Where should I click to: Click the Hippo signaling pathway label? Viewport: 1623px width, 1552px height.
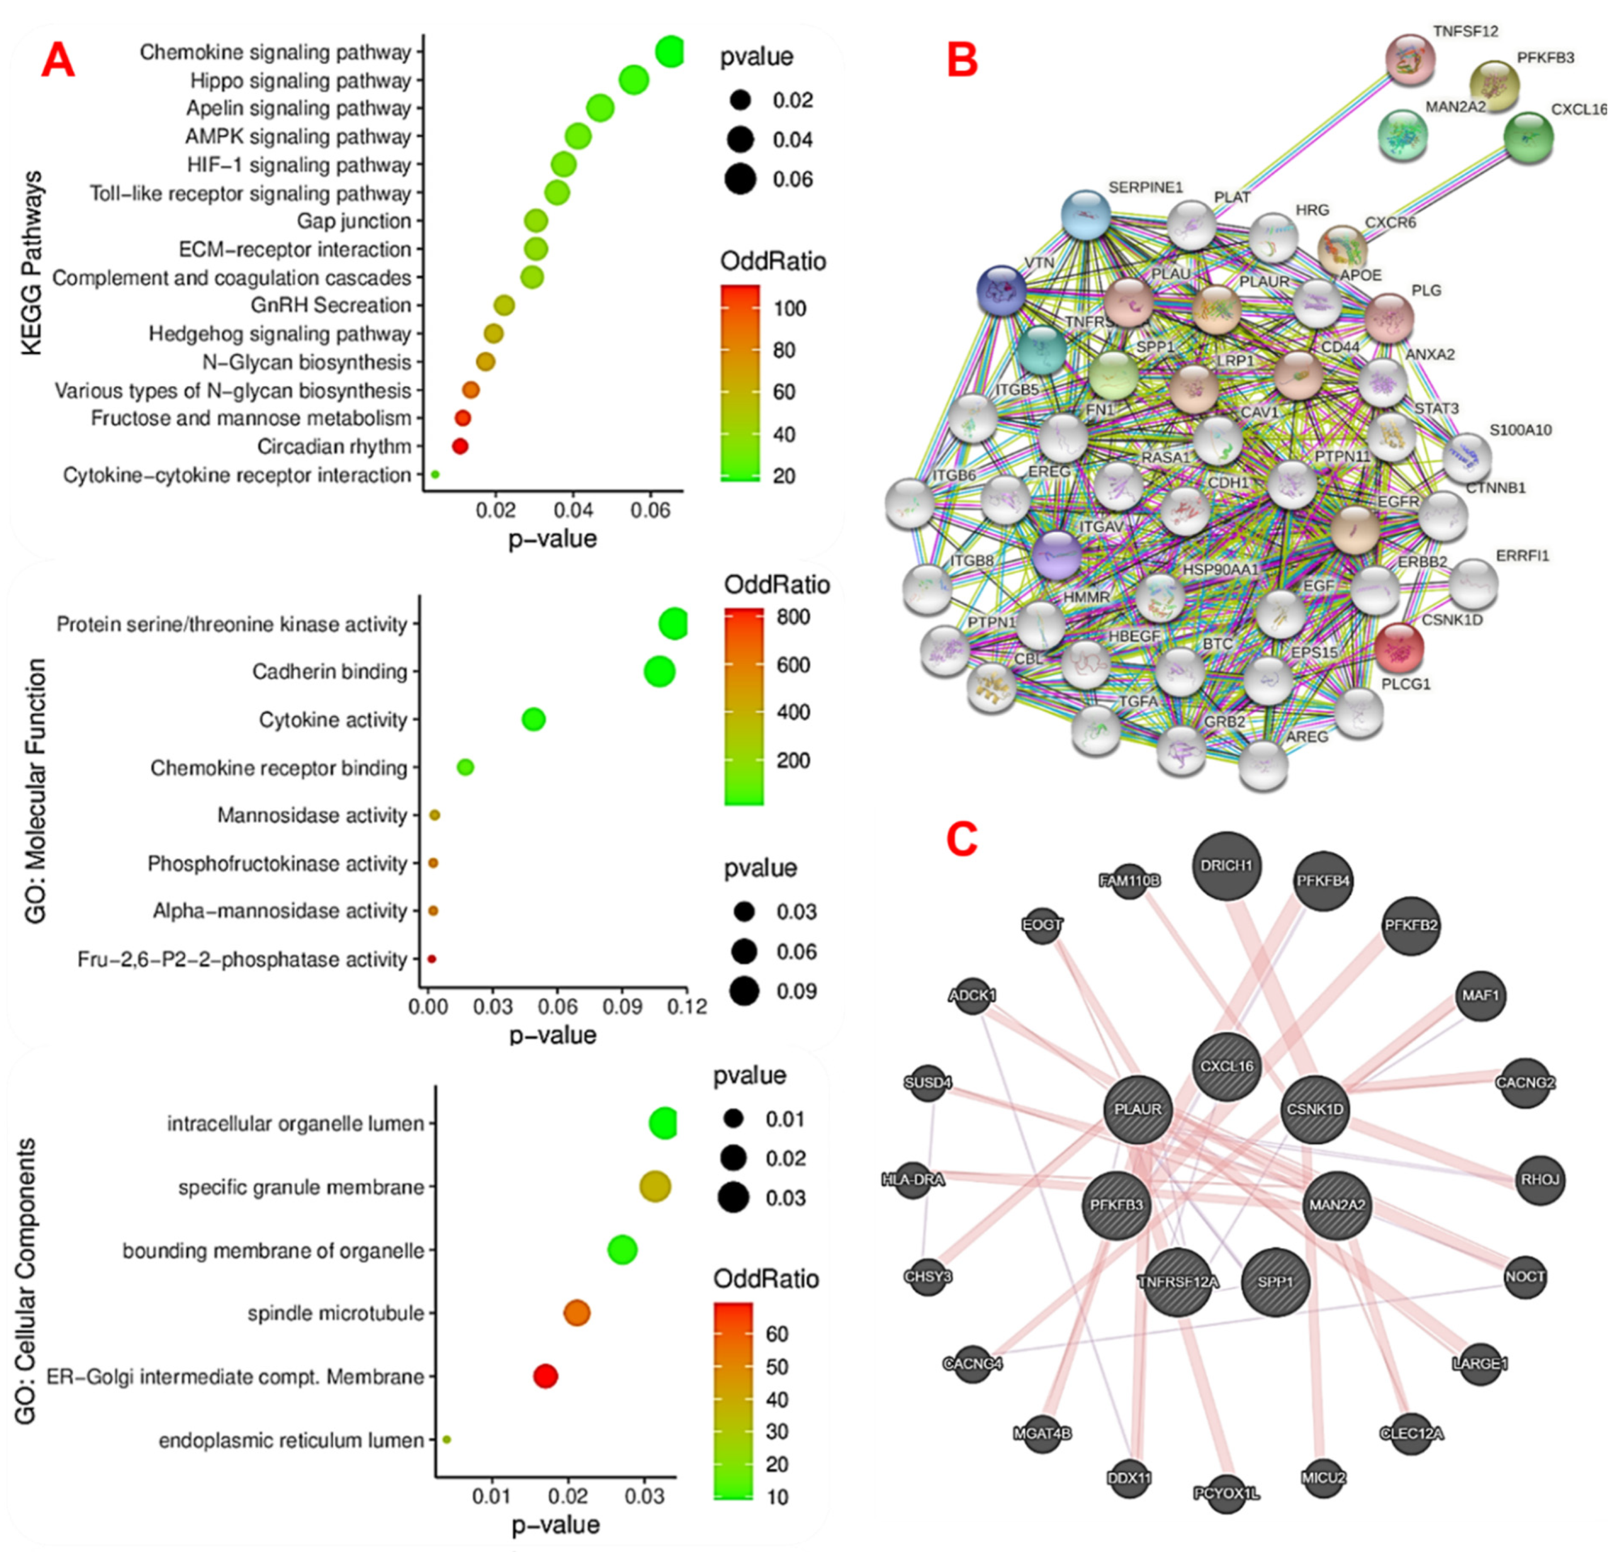coord(300,80)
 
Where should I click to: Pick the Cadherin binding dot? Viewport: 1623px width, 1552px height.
coord(659,671)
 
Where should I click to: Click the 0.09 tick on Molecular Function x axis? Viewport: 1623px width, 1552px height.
coord(622,1006)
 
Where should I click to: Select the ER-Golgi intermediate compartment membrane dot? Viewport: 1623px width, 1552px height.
coord(545,1376)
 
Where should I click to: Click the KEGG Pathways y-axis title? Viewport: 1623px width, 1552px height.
coord(32,263)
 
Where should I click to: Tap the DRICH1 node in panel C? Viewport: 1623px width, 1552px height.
coord(1227,865)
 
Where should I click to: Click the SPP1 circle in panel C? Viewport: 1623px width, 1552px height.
coord(1275,1281)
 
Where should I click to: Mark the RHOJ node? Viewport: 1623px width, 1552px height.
coord(1539,1180)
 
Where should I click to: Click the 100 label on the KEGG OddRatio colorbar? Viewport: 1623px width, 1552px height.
coord(789,309)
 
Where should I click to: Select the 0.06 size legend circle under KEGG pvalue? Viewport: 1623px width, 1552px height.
coord(741,179)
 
